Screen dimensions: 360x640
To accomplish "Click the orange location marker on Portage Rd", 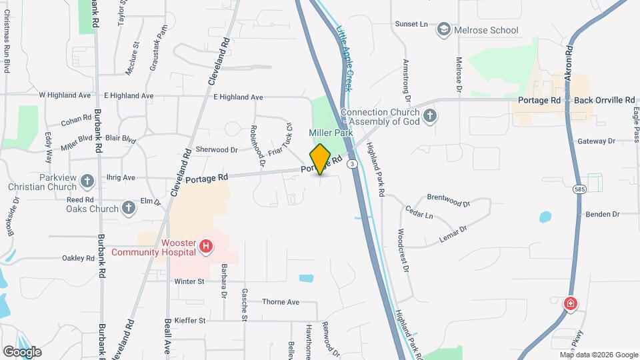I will [x=320, y=159].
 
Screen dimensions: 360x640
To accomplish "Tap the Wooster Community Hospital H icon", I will [x=207, y=247].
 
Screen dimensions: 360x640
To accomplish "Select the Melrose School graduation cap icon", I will [x=443, y=29].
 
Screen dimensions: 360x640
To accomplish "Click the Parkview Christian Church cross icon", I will [x=87, y=181].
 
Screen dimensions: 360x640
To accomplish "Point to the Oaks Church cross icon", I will [x=129, y=208].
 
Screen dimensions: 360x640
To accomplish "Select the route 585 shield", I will [x=579, y=191].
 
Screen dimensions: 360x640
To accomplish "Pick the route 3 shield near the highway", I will [x=352, y=163].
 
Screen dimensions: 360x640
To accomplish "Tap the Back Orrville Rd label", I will [x=605, y=100].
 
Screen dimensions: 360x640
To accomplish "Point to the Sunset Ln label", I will [x=411, y=25].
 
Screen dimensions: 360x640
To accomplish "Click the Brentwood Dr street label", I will [x=449, y=198].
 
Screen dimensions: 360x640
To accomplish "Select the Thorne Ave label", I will [x=281, y=302].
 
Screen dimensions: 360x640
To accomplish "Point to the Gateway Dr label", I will [x=596, y=141].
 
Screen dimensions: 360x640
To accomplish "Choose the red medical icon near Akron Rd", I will [x=570, y=304].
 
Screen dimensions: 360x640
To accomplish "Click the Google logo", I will [x=22, y=351].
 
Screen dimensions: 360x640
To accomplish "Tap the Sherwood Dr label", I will [x=217, y=150].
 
